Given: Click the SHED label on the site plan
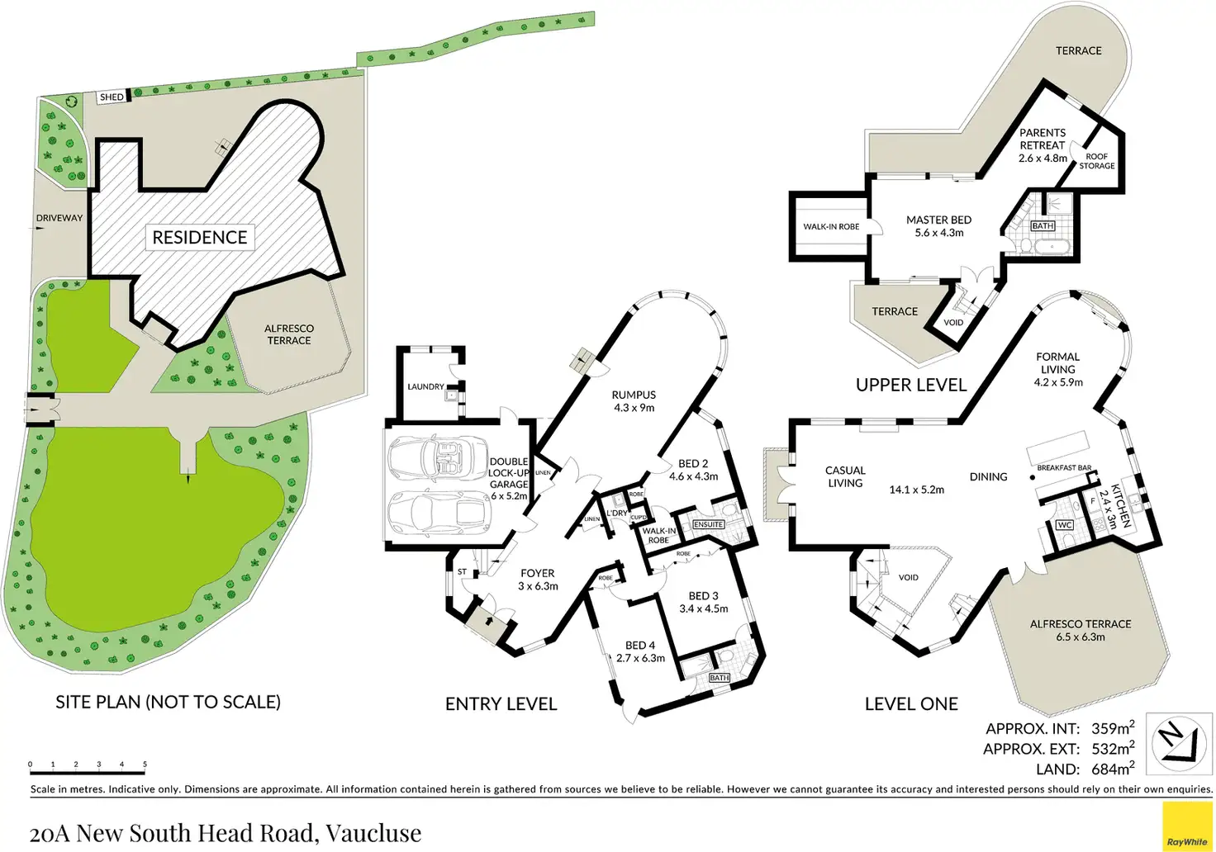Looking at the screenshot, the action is point(112,97).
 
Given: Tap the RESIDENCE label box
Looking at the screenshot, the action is point(200,238).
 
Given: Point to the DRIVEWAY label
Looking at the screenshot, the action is point(59,218).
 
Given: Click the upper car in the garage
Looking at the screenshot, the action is point(437,456).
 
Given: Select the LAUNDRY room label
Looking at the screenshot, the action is point(425,386).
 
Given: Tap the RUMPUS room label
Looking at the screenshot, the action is point(634,401).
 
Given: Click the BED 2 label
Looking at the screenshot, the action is point(693,470).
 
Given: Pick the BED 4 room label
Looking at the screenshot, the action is point(640,651).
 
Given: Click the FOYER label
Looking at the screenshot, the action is point(538,580).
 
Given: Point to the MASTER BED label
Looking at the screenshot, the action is point(938,226).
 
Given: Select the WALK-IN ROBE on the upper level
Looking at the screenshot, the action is point(831,227).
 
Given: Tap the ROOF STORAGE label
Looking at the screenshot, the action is point(1097,161).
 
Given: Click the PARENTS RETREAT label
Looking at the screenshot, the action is point(1043,144).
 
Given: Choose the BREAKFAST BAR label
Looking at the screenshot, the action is point(1064,468).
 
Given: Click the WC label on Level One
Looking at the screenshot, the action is point(1065,525).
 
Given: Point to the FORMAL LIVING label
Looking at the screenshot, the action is point(1058,369).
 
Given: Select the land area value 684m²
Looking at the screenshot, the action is point(1113,769).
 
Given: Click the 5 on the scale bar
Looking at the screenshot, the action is point(145,764).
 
